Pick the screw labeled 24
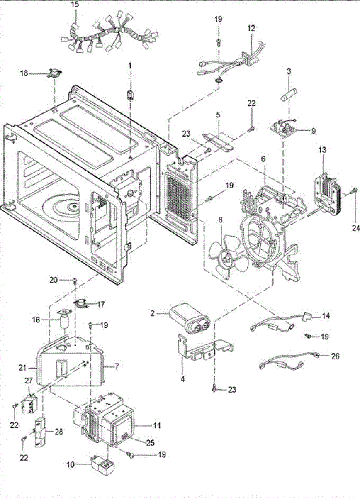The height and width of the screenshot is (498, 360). [353, 190]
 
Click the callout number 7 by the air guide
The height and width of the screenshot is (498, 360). [117, 366]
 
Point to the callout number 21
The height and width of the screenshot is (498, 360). [23, 368]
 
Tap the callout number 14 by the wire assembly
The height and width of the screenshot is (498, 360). [326, 316]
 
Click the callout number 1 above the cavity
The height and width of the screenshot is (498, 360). [130, 66]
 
